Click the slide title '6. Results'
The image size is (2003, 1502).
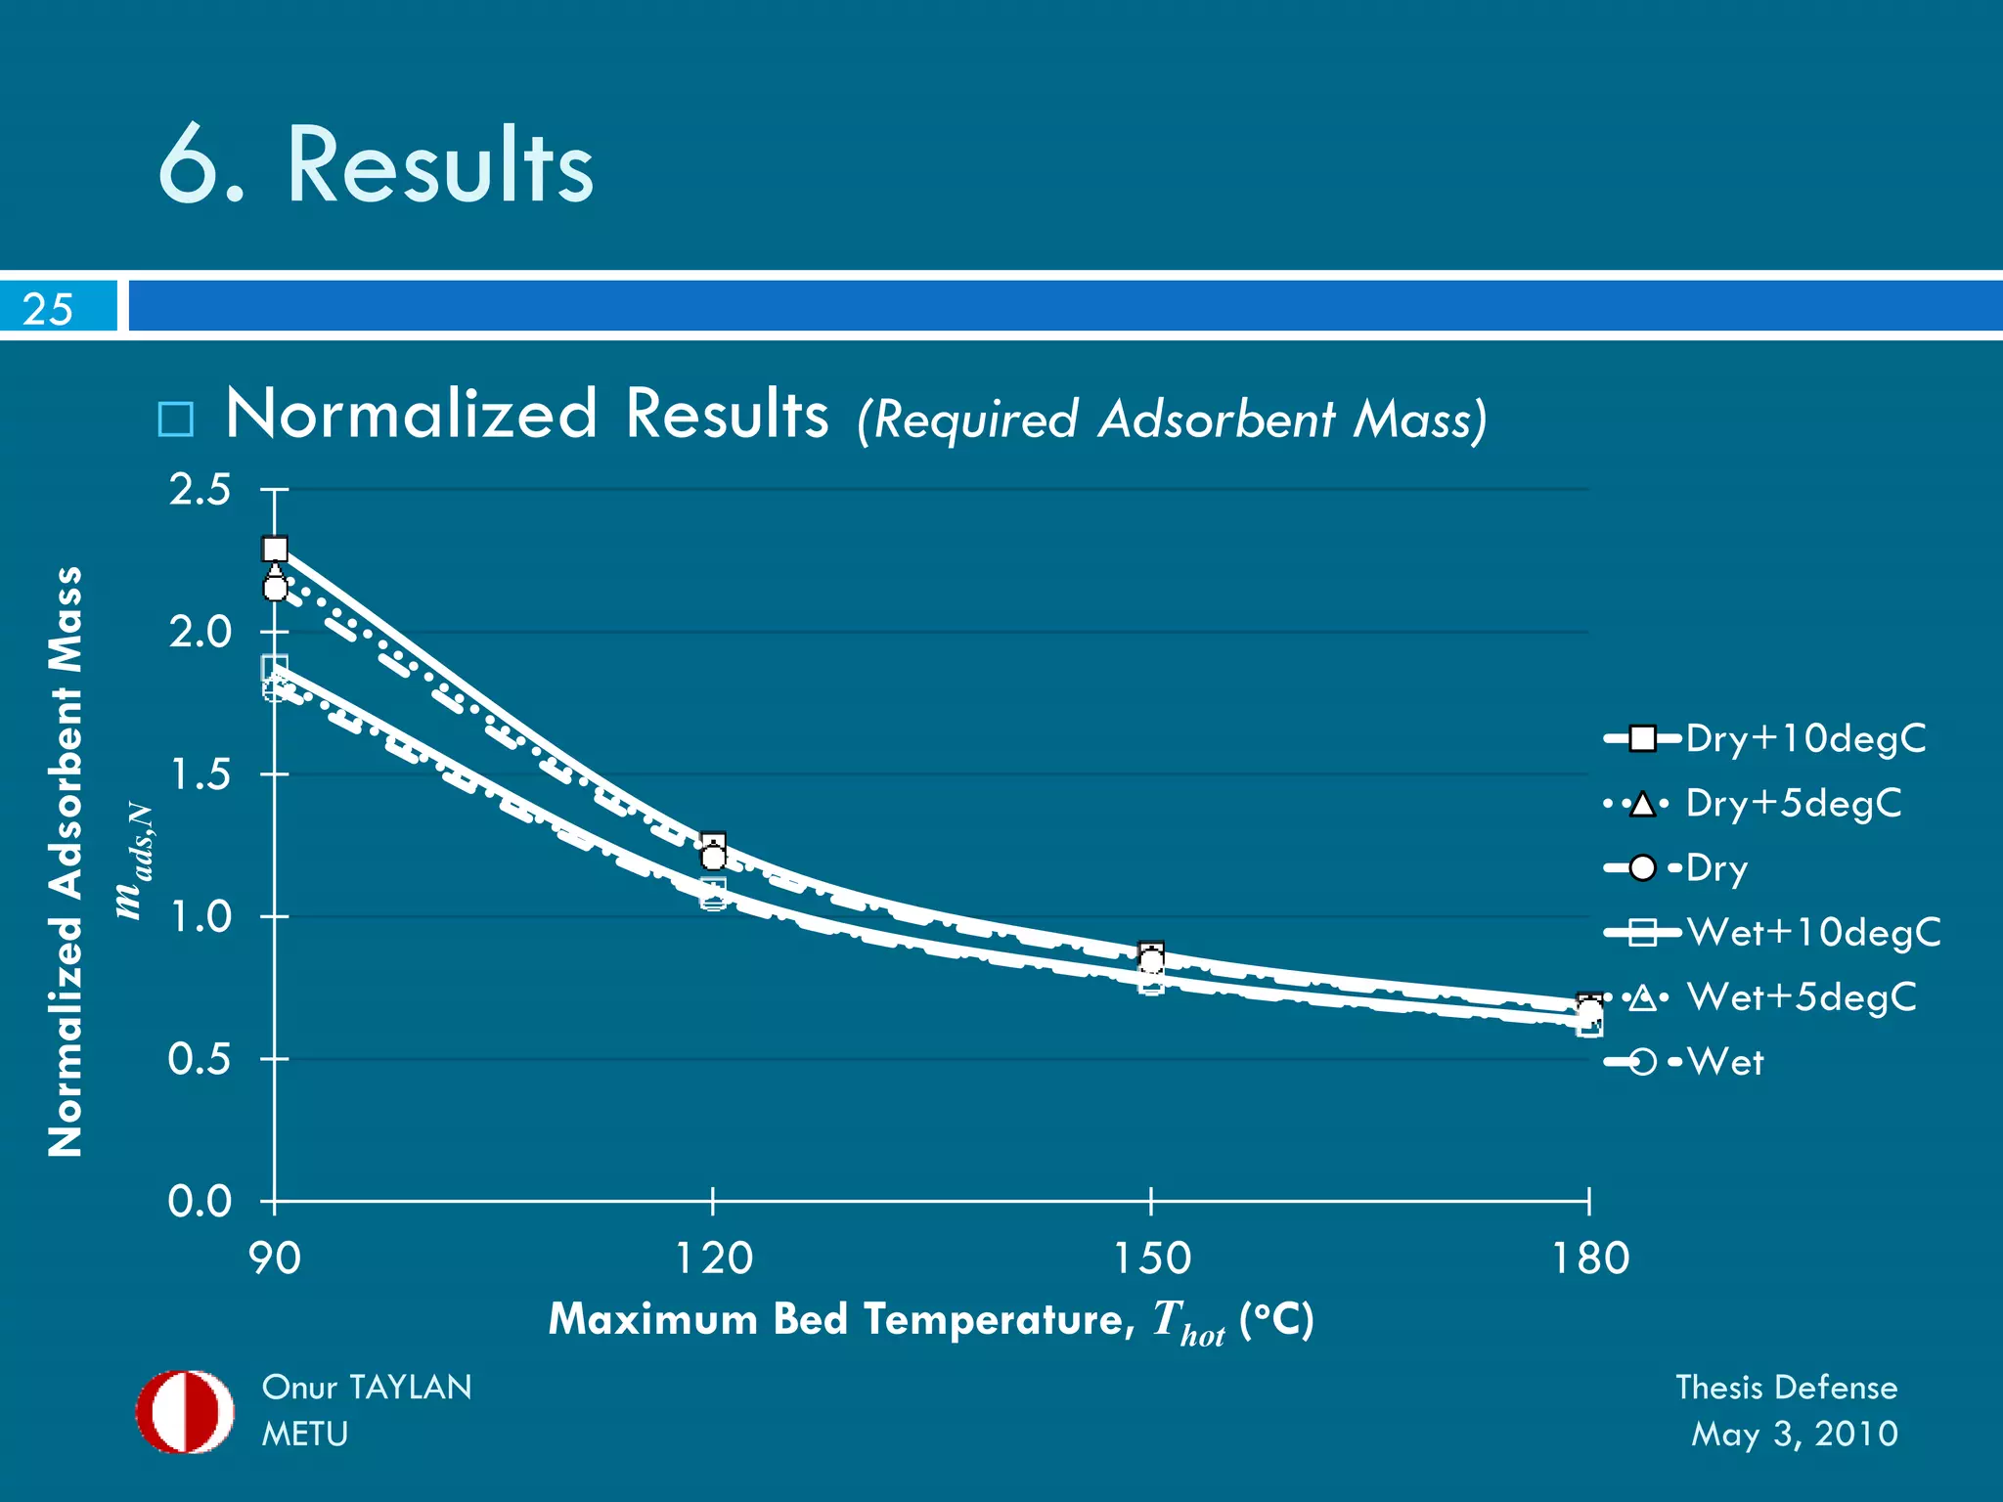[x=376, y=166]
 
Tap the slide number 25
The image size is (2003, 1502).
[x=48, y=309]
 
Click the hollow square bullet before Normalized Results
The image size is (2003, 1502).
[x=176, y=420]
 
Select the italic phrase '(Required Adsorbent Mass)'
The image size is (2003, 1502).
[x=1172, y=420]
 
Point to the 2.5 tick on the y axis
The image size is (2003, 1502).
[x=200, y=490]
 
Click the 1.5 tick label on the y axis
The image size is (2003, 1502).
[x=200, y=775]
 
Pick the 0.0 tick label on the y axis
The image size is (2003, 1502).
[x=200, y=1202]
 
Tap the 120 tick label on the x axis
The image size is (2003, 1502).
[x=713, y=1259]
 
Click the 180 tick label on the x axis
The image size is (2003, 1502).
[x=1590, y=1259]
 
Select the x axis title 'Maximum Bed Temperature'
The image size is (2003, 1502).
[x=841, y=1319]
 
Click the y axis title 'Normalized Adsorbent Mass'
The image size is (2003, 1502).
[x=67, y=861]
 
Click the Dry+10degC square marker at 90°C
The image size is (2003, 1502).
[x=275, y=549]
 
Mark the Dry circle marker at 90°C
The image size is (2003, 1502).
[x=275, y=589]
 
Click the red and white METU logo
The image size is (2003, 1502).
[x=185, y=1411]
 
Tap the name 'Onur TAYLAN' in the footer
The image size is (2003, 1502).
[x=367, y=1388]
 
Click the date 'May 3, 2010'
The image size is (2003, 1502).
[x=1794, y=1435]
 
